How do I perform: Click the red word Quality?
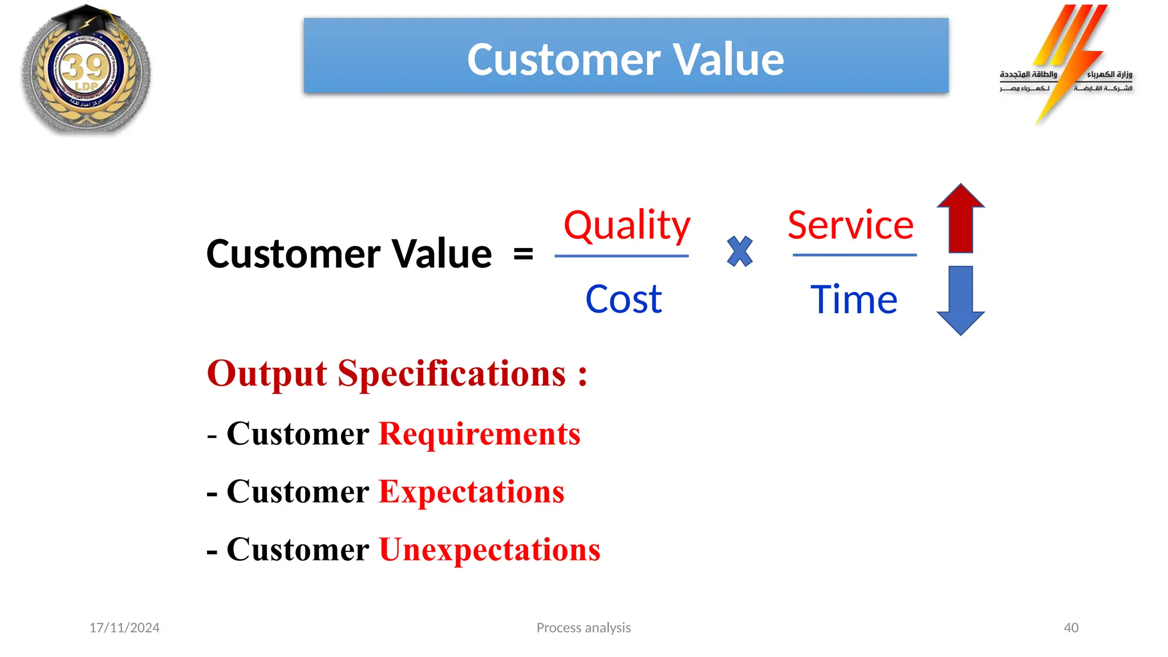pyautogui.click(x=626, y=226)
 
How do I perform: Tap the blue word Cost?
pyautogui.click(x=623, y=299)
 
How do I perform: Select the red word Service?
pyautogui.click(x=850, y=225)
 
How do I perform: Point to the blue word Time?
pyautogui.click(x=854, y=300)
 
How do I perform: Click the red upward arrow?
pyautogui.click(x=960, y=219)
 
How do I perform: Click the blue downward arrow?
pyautogui.click(x=960, y=300)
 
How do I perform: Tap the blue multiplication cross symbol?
pyautogui.click(x=740, y=252)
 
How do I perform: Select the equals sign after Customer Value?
pyautogui.click(x=523, y=254)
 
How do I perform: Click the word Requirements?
pyautogui.click(x=479, y=435)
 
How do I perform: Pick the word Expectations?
pyautogui.click(x=471, y=492)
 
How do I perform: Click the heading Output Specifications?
pyautogui.click(x=396, y=374)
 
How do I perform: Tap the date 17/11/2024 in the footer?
pyautogui.click(x=124, y=628)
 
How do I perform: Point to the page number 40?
pyautogui.click(x=1070, y=628)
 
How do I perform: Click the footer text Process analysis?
pyautogui.click(x=583, y=628)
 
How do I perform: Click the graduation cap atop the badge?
pyautogui.click(x=86, y=20)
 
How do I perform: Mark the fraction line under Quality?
pyautogui.click(x=622, y=256)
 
